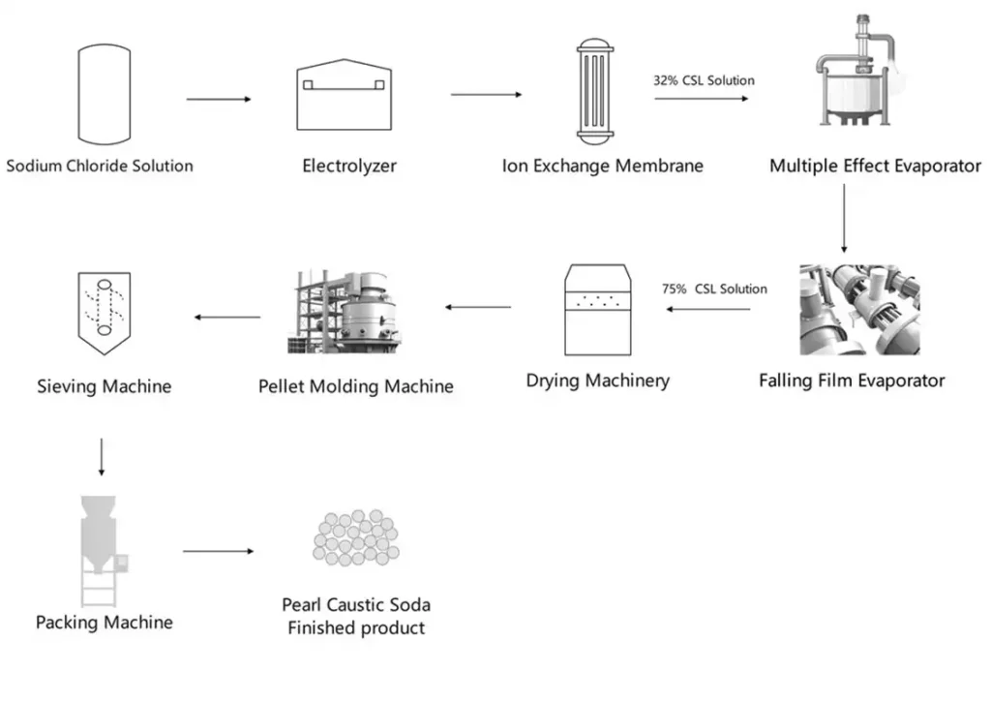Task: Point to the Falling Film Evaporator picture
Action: (859, 310)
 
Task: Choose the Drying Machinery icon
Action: (597, 310)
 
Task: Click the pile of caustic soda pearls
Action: (355, 538)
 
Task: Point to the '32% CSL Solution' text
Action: (704, 80)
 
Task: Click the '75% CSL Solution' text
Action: (713, 289)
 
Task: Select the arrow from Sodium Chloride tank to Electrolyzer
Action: (219, 100)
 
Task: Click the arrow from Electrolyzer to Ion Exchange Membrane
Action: (487, 95)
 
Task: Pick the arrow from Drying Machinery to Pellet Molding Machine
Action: (478, 308)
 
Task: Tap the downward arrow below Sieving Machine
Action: (102, 456)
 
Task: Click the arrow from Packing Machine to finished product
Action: (218, 552)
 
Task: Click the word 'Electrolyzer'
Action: (349, 166)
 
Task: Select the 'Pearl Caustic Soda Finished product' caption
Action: (356, 617)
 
